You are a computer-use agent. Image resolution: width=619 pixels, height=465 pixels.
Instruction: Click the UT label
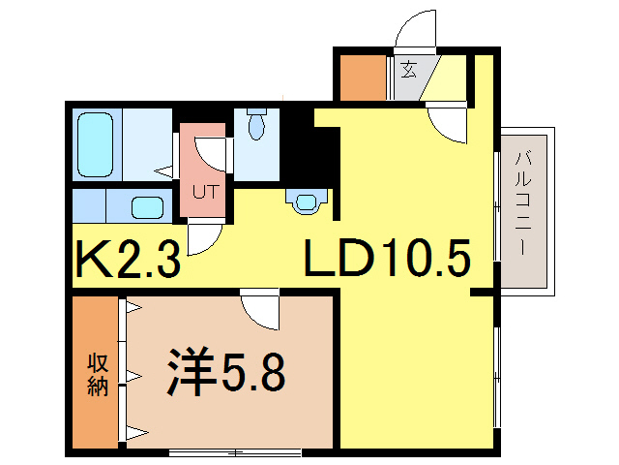click(203, 190)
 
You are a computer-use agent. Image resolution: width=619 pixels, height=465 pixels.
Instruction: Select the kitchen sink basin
click(147, 206)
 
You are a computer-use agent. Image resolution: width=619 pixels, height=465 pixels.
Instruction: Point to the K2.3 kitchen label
click(128, 260)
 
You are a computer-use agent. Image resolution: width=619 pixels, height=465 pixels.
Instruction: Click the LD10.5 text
click(387, 259)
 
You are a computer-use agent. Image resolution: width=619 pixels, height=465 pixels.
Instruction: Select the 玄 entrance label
click(410, 70)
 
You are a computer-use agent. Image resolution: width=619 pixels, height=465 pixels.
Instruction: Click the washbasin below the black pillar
click(307, 201)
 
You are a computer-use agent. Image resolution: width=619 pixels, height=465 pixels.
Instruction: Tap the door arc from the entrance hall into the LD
click(448, 125)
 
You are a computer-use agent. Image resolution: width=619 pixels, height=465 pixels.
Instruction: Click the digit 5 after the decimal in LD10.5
click(455, 259)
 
